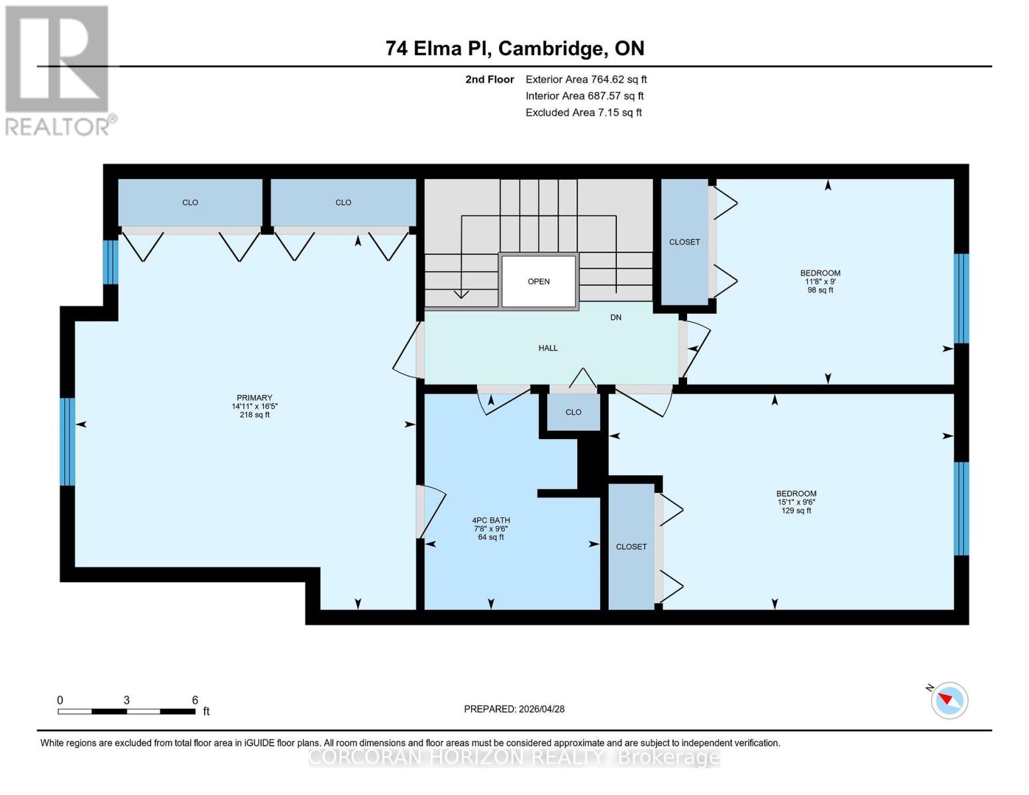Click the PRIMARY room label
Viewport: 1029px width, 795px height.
pyautogui.click(x=254, y=397)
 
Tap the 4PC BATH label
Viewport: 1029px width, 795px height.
pyautogui.click(x=490, y=520)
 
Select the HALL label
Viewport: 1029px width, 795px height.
pyautogui.click(x=548, y=348)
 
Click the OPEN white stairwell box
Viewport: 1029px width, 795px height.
pyautogui.click(x=539, y=282)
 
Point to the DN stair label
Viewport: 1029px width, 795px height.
pyautogui.click(x=616, y=317)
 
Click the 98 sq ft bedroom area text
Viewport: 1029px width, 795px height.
pyautogui.click(x=820, y=290)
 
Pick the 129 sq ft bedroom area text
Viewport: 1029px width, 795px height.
pyautogui.click(x=796, y=510)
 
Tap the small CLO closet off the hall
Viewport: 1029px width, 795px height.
pyautogui.click(x=573, y=412)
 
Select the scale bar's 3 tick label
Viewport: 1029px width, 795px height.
pyautogui.click(x=127, y=700)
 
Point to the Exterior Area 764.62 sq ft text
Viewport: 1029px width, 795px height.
pyautogui.click(x=586, y=79)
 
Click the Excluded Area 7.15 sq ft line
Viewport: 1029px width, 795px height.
pyautogui.click(x=583, y=113)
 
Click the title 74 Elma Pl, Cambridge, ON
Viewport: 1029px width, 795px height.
pyautogui.click(x=515, y=48)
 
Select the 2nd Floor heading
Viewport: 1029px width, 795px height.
pyautogui.click(x=489, y=79)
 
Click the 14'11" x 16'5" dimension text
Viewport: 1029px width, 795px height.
pyautogui.click(x=254, y=406)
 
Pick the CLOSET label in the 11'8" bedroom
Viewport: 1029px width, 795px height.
pyautogui.click(x=684, y=242)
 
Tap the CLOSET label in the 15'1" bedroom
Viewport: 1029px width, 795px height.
pyautogui.click(x=631, y=547)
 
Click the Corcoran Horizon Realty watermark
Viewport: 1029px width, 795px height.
pyautogui.click(x=514, y=757)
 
